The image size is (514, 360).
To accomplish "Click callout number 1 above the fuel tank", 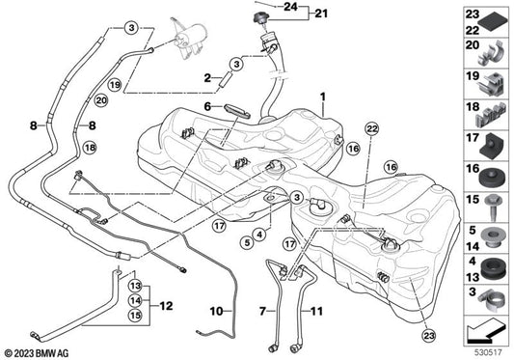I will pos(324,97).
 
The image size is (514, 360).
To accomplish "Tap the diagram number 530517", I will pos(489,352).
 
